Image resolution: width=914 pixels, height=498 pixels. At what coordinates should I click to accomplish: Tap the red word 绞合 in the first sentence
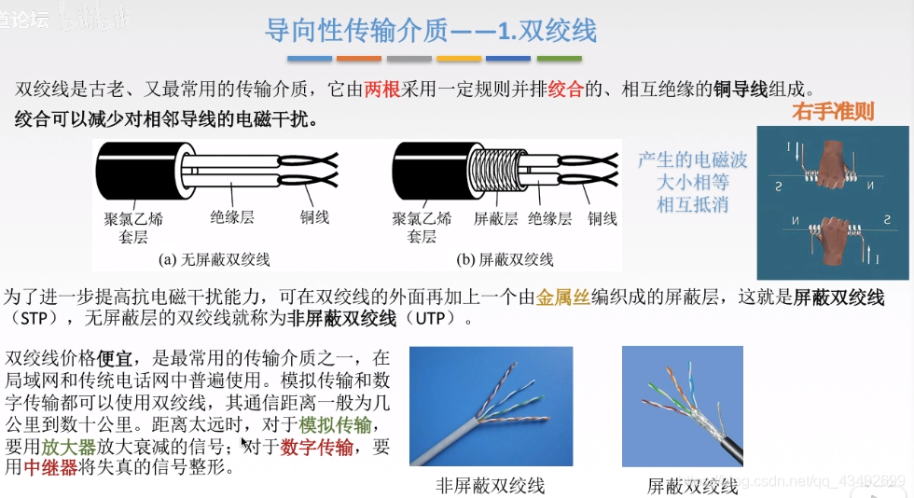coord(565,90)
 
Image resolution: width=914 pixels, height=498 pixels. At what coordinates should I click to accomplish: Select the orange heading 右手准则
coord(833,113)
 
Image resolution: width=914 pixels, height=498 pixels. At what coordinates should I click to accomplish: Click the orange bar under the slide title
coord(359,58)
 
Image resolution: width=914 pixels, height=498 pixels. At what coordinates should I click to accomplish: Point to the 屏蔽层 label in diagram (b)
coord(495,218)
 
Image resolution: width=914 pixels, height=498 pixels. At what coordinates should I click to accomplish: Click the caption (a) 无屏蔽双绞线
coord(215,259)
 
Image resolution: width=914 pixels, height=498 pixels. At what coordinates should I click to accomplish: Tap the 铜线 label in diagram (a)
coord(314,217)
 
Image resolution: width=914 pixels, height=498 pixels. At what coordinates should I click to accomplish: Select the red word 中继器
coord(50,467)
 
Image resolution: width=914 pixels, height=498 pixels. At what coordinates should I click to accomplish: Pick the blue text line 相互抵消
coord(692,205)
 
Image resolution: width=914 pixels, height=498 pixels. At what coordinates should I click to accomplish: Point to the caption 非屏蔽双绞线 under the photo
coord(490,486)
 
